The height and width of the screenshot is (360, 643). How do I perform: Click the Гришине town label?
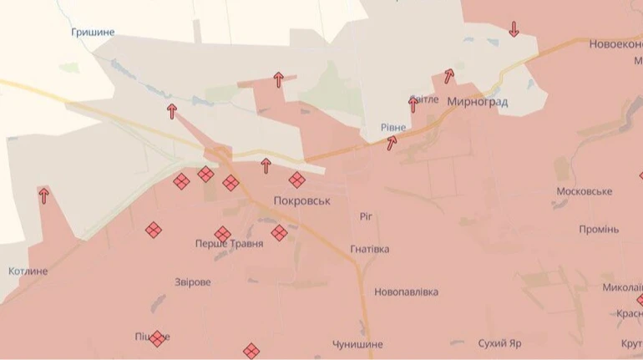pos(94,33)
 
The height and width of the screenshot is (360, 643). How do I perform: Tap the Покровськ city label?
pos(302,201)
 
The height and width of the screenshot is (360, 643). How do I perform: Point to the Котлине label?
pos(28,271)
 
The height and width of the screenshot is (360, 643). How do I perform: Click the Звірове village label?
pos(193,282)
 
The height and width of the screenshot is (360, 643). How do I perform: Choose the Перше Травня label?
pos(229,244)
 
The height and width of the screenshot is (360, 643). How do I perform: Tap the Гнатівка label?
pos(370,249)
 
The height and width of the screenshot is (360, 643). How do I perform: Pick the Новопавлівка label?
pos(407,292)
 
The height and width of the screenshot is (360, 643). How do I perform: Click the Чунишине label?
pos(357,344)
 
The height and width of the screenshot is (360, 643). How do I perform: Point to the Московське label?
pos(584,191)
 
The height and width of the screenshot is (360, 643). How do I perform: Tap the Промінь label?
pos(598,230)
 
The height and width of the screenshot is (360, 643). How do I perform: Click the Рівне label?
pos(393,128)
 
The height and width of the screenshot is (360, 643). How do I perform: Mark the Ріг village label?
pos(367,216)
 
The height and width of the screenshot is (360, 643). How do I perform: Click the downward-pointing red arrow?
pos(514,29)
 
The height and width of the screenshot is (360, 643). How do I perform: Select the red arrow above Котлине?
pos(43,195)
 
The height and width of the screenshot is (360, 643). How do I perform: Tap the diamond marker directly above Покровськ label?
pos(296,180)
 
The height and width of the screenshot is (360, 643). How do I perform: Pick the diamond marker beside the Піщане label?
pos(157,338)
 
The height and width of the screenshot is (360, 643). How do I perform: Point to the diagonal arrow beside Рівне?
pos(391,143)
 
